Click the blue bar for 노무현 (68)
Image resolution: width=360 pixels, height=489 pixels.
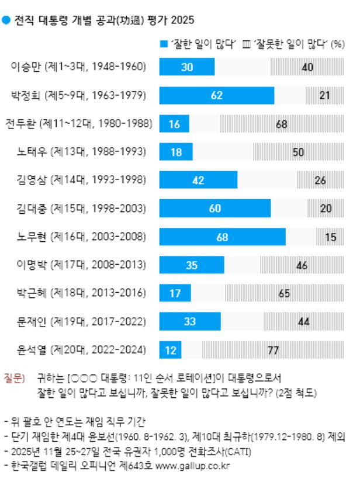[x=223, y=237]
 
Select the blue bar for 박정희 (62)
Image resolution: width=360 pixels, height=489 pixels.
[x=217, y=95]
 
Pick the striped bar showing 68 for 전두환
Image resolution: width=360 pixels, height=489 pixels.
[x=281, y=124]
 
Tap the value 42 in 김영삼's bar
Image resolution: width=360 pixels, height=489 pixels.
[x=198, y=181]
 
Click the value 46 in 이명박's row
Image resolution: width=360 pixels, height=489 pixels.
[x=302, y=265]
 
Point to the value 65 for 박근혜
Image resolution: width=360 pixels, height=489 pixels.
[x=285, y=293]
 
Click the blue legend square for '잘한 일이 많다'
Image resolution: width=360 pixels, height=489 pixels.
[x=163, y=44]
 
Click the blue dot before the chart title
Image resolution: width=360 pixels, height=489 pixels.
[x=6, y=20]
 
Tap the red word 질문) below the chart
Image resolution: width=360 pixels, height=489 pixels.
[x=14, y=379]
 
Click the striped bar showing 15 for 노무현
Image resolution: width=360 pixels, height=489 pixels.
[x=331, y=237]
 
